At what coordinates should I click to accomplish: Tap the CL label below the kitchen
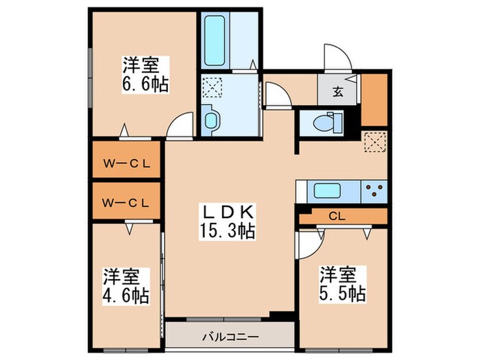click(336, 217)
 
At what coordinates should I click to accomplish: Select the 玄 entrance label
click(339, 91)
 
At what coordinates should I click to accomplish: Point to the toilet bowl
click(322, 124)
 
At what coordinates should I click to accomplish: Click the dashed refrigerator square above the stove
click(374, 141)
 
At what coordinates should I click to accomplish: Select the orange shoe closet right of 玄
click(374, 99)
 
